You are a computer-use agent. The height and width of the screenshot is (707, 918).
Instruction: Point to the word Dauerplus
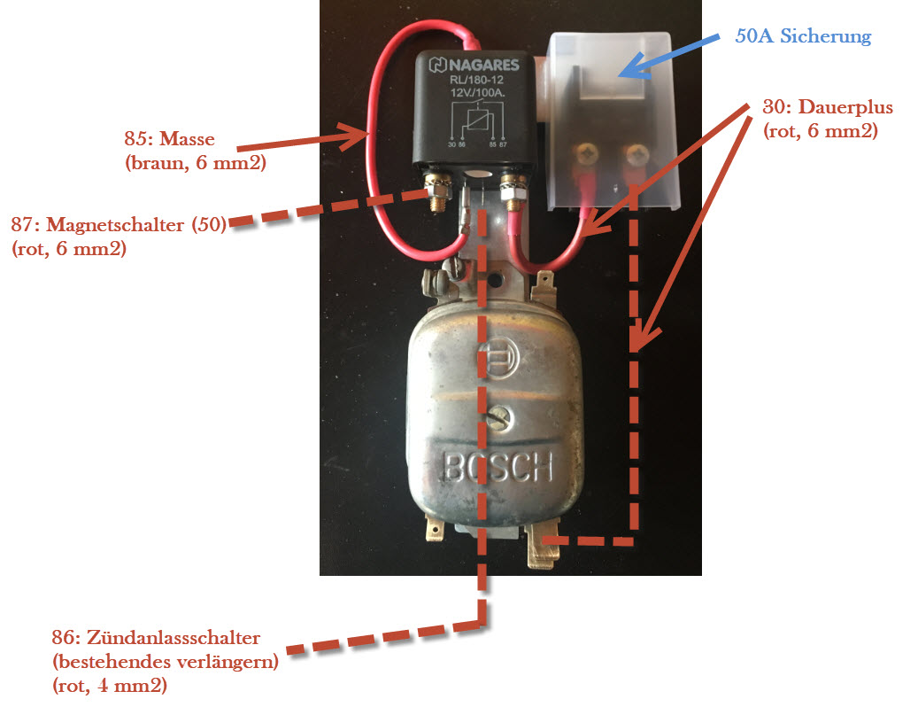tap(845, 108)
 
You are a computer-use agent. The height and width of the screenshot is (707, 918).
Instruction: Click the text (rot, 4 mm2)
tap(111, 684)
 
